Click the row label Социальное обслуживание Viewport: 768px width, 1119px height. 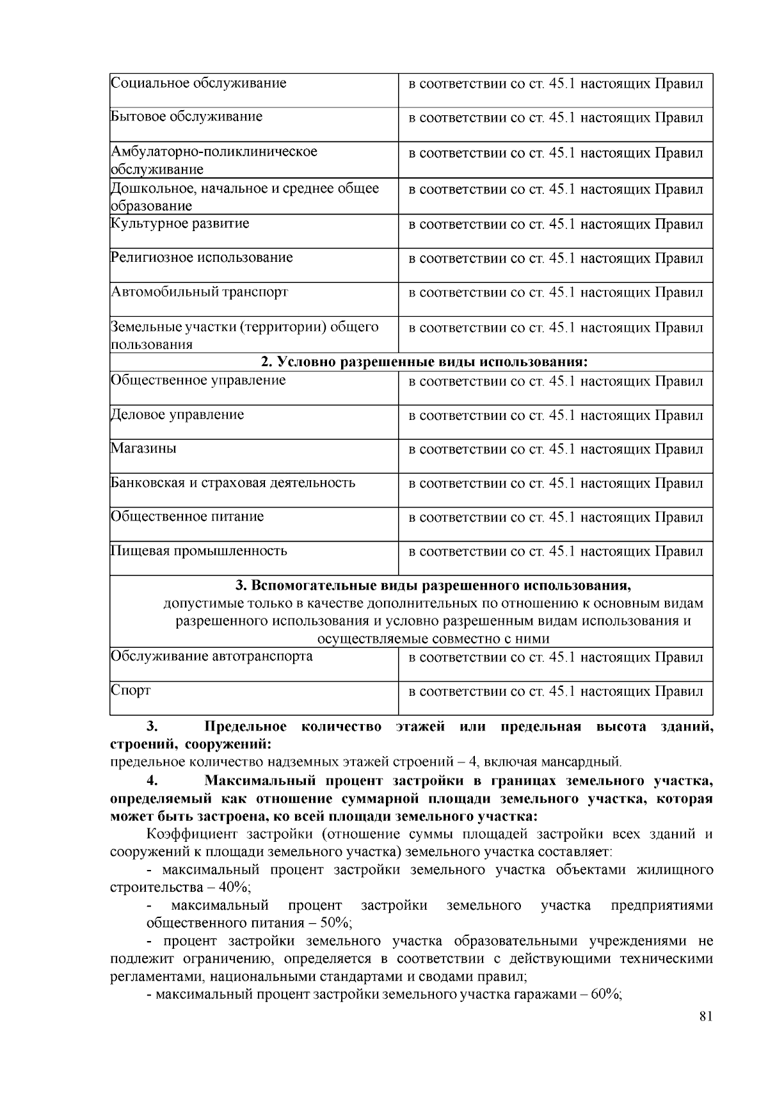point(198,83)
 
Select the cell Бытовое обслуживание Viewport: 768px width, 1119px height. point(186,117)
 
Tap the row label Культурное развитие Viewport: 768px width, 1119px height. point(180,224)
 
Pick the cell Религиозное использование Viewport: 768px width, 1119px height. point(202,258)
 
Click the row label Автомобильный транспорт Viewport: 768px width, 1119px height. point(199,292)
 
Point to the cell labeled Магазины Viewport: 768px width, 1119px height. point(143,448)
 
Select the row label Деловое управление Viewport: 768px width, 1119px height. point(177,415)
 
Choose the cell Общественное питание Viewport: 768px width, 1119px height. point(187,517)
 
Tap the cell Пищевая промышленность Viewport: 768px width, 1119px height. point(198,551)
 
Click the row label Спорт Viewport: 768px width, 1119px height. point(131,691)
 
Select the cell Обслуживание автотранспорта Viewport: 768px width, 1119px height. point(211,657)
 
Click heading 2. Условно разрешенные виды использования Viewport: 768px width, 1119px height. point(424,362)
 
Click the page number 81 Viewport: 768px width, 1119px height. point(705,1017)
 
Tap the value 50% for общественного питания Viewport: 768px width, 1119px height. point(336,923)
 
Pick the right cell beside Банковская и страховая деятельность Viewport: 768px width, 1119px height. point(556,483)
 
